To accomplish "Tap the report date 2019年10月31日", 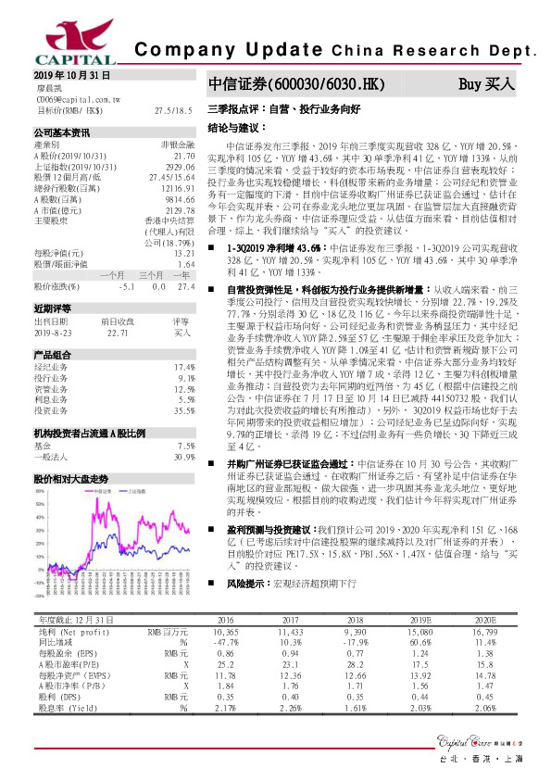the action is [72, 74].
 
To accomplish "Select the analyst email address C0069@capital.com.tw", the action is [79, 97].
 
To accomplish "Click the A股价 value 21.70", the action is [184, 157].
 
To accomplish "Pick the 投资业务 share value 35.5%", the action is [183, 384].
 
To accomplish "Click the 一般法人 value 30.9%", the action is [183, 458].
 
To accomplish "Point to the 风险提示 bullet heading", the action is [243, 585].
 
